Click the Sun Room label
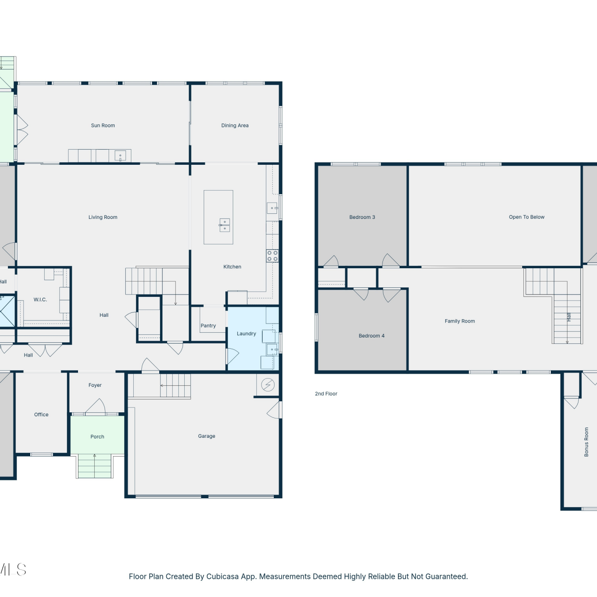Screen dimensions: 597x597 click(103, 125)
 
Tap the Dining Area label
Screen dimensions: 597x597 click(235, 125)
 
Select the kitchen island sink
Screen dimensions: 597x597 click(225, 225)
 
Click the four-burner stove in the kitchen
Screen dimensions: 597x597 click(273, 256)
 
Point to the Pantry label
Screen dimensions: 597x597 click(208, 326)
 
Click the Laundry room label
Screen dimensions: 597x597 click(246, 334)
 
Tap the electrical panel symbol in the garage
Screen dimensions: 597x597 click(268, 385)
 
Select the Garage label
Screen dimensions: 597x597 click(207, 436)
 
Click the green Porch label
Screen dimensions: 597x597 click(97, 437)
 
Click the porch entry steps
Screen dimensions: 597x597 click(95, 466)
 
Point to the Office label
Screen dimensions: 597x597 click(41, 415)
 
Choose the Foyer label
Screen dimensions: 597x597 click(95, 385)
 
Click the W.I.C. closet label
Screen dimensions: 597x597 click(40, 300)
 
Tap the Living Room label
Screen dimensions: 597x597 click(103, 217)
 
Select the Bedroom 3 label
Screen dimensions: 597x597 click(362, 217)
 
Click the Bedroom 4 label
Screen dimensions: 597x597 click(372, 336)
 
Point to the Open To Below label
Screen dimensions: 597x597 click(527, 217)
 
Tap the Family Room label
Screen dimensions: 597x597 click(460, 321)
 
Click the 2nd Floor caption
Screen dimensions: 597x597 click(326, 394)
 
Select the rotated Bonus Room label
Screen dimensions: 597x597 click(586, 442)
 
